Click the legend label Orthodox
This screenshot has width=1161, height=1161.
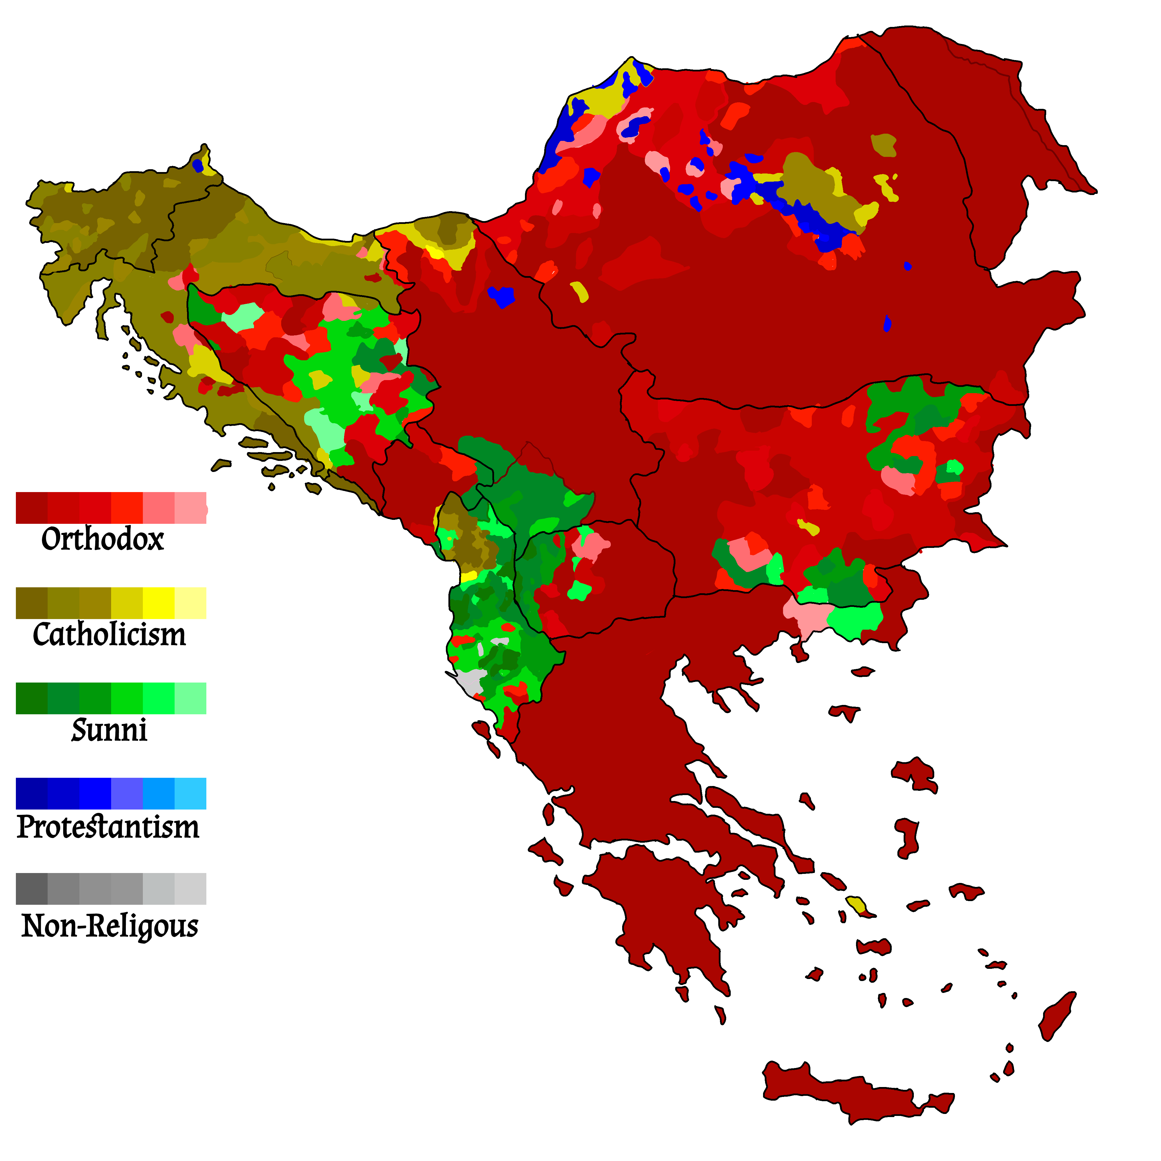102,539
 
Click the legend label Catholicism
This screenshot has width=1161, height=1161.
109,635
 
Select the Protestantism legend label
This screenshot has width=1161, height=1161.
108,827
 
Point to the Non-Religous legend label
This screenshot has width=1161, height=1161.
110,925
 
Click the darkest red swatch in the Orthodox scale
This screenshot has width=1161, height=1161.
31,508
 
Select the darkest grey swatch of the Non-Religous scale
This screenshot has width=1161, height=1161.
31,889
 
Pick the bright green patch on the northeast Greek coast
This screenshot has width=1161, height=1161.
856,619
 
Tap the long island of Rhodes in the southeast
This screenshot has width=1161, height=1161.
1058,1016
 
